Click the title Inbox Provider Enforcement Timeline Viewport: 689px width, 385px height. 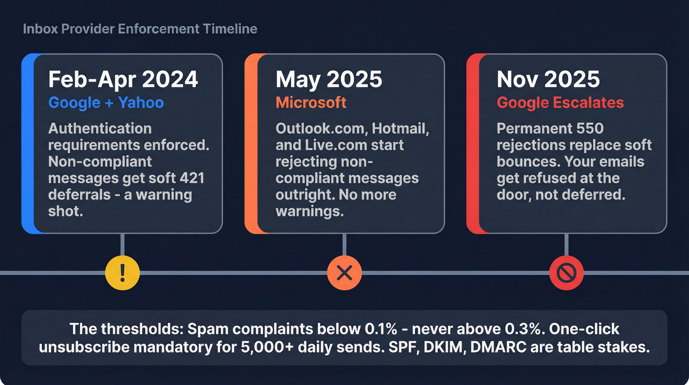[x=140, y=29]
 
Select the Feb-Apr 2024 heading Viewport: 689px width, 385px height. [x=123, y=79]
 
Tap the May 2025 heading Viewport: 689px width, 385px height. [x=329, y=79]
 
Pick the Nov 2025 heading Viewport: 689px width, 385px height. [x=548, y=79]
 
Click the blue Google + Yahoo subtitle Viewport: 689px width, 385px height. [x=106, y=103]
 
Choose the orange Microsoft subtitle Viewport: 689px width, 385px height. [x=311, y=103]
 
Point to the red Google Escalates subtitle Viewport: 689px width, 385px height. [x=560, y=103]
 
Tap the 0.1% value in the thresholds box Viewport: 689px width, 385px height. [x=397, y=329]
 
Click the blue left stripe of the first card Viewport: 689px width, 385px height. [x=28, y=143]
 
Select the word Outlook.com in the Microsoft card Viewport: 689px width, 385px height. [x=320, y=129]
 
